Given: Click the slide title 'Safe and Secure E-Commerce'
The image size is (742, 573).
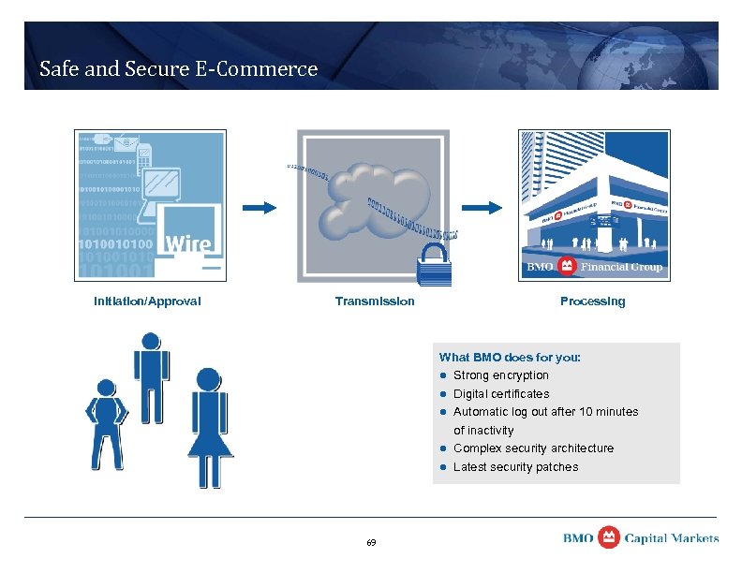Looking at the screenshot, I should [178, 68].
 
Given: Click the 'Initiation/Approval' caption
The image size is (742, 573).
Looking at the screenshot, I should [147, 301].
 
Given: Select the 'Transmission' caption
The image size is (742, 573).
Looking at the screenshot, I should [375, 301].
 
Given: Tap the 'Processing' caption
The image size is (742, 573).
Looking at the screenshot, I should [592, 301].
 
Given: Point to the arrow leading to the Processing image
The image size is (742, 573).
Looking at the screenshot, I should [483, 207].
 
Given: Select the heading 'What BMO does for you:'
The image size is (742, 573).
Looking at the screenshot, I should [510, 358].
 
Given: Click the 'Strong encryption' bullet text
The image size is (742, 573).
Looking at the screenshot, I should [501, 375].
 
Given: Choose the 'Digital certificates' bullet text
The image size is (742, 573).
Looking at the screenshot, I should [501, 394].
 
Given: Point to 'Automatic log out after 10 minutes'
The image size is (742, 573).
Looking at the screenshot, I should [545, 412].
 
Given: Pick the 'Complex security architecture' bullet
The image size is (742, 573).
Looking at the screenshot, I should [533, 448].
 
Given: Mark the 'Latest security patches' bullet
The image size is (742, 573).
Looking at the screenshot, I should [515, 467].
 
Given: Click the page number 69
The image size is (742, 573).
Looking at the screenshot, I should [371, 543].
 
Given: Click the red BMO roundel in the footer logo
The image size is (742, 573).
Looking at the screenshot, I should [609, 537].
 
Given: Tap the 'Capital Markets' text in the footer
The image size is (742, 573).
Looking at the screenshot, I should [672, 538].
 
